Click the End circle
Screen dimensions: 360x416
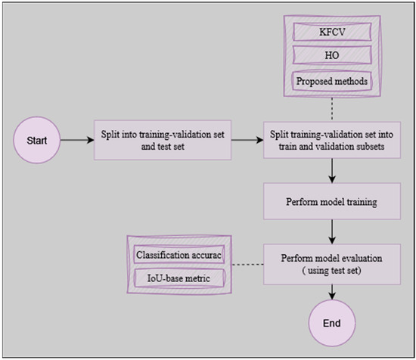click(x=331, y=323)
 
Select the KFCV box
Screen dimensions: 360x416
click(x=331, y=33)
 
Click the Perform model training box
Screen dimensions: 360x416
click(x=331, y=203)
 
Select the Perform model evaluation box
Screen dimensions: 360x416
click(x=331, y=262)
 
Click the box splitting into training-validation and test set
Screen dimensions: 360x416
click(x=163, y=140)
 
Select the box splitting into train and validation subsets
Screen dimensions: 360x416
click(x=331, y=140)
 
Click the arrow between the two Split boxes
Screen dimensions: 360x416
click(x=248, y=140)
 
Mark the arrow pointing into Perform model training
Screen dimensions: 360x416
click(x=331, y=174)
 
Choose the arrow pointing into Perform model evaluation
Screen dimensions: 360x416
click(x=331, y=232)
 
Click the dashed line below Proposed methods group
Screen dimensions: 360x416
click(x=331, y=107)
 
